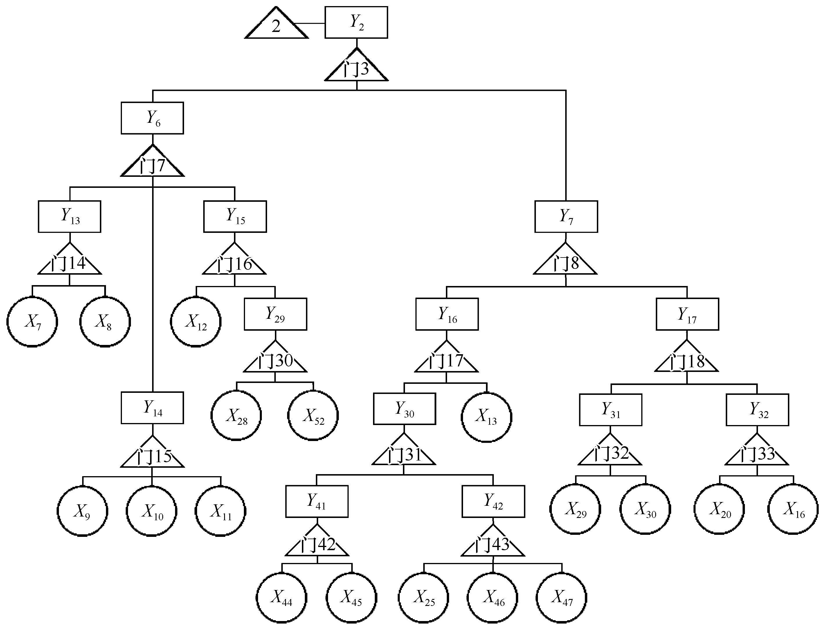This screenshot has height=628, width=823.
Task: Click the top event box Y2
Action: point(356,22)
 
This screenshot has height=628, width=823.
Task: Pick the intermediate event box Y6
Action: point(152,118)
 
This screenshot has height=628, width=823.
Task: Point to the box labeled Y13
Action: point(69,216)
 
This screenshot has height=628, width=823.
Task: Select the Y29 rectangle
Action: point(275,314)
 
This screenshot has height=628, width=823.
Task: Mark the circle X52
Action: point(313,416)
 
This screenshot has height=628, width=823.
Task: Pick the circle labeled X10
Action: point(152,511)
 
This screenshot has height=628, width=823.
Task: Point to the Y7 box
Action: point(566,216)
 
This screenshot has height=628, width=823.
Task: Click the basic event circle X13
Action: point(486,417)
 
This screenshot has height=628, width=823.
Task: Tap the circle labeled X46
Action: point(493,598)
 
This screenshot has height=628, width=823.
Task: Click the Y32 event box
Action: point(757,410)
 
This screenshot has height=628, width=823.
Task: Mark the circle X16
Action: point(793,509)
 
